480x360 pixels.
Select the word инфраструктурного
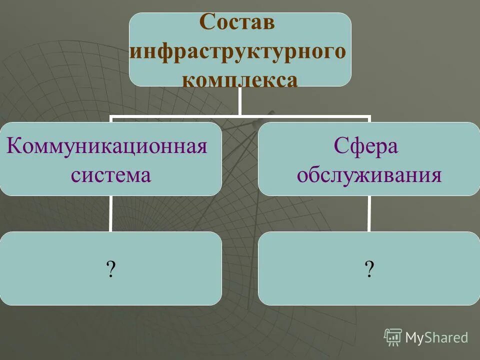click(237, 51)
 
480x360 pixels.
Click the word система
click(110, 175)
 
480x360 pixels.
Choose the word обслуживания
click(369, 175)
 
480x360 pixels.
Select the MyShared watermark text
click(436, 337)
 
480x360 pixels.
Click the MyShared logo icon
click(393, 337)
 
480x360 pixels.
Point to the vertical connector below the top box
click(239, 101)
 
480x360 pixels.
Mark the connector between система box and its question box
click(111, 213)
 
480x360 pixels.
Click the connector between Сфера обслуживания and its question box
click(369, 213)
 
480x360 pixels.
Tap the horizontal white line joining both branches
click(240, 118)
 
